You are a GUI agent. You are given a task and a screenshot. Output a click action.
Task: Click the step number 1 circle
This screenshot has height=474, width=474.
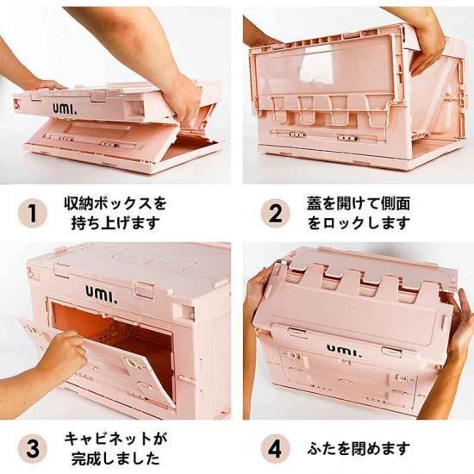click(33, 214)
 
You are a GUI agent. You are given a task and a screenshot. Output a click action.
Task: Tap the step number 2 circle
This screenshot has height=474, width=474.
click(275, 214)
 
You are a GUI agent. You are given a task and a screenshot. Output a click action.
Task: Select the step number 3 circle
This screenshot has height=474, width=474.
click(33, 448)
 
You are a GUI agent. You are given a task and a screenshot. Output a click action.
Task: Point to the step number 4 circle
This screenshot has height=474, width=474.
click(275, 448)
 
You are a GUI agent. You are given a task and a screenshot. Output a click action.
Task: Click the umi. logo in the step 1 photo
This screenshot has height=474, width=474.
click(65, 109)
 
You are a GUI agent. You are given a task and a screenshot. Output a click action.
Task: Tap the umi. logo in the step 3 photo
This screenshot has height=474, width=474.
click(102, 294)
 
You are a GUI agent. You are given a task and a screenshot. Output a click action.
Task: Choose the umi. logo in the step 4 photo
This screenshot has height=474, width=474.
click(345, 350)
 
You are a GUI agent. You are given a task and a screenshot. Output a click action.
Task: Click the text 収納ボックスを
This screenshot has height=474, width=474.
click(115, 203)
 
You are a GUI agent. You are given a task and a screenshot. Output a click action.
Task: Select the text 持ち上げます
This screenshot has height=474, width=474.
click(115, 223)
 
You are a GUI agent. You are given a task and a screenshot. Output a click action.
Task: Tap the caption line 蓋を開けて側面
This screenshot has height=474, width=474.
click(359, 203)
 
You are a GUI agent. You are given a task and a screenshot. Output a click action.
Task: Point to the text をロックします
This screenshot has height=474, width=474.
click(359, 223)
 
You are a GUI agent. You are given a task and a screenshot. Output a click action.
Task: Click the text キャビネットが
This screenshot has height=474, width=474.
click(115, 439)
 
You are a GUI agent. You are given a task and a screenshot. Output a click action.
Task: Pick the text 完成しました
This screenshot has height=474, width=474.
click(115, 458)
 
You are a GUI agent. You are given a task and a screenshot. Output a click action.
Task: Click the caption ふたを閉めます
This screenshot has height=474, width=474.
click(359, 449)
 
